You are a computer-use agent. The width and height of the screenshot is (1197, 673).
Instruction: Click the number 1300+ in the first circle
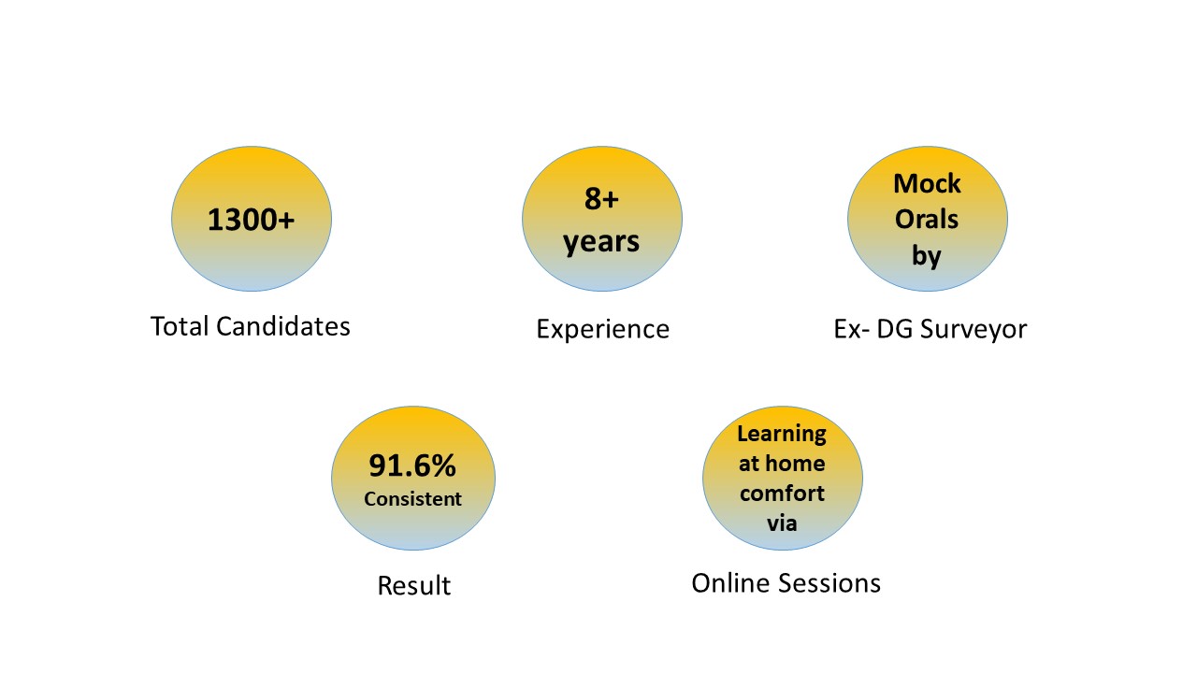(x=251, y=220)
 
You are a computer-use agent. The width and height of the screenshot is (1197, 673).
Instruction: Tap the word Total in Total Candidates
(x=179, y=326)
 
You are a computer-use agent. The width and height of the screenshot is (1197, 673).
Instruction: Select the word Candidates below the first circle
(x=283, y=326)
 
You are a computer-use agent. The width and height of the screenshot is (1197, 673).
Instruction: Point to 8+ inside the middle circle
(x=601, y=199)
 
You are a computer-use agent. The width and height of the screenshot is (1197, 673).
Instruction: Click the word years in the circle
(x=601, y=243)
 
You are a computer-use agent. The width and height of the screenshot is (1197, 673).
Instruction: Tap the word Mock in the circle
(x=927, y=184)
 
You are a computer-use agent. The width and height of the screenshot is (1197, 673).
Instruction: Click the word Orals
(x=927, y=220)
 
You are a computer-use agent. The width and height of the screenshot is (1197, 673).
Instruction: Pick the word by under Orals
(x=927, y=256)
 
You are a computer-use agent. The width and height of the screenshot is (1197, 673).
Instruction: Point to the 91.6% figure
(x=412, y=465)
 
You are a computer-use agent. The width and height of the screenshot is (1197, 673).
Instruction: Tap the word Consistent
(x=412, y=499)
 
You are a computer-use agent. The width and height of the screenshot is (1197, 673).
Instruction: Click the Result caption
(x=414, y=585)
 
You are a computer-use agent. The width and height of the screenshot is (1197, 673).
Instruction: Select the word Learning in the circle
(x=782, y=435)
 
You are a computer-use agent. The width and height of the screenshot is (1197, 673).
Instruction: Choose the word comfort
(x=783, y=494)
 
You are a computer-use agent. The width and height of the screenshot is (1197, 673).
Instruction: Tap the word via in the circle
(x=782, y=523)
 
